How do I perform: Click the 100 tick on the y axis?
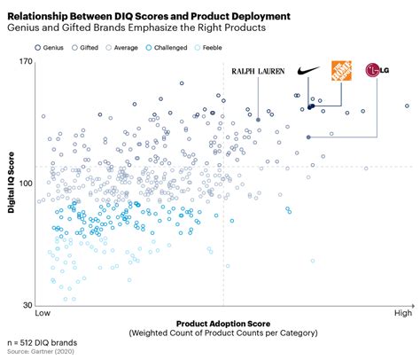coord(25,183)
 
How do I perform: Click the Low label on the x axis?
coord(43,314)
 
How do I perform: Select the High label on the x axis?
coord(402,314)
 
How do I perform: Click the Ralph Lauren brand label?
coord(258,70)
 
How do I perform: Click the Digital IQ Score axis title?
coord(12,183)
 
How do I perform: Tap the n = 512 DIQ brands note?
coord(41,342)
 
